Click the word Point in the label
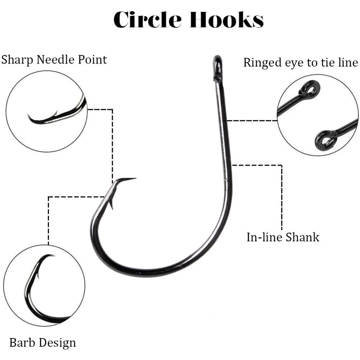92,59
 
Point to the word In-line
264,237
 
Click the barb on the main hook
111,204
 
